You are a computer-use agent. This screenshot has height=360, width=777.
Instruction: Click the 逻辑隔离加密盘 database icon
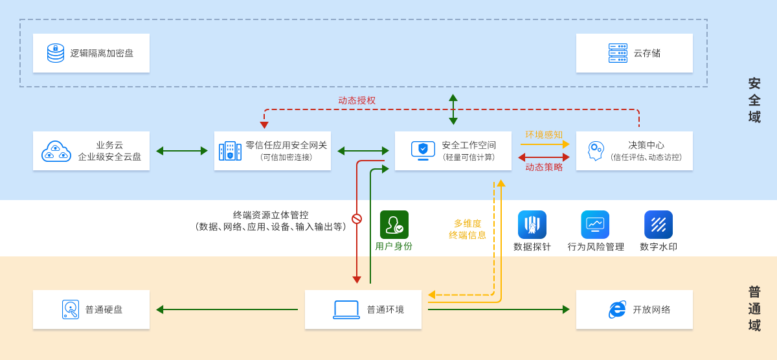pos(56,53)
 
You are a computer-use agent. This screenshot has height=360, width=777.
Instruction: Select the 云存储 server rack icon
pos(618,53)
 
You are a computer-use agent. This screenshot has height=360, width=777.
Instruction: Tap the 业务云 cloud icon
pos(56,152)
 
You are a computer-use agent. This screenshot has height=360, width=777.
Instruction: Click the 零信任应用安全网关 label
pos(286,145)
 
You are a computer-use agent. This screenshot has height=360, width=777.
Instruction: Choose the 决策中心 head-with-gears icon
pos(595,151)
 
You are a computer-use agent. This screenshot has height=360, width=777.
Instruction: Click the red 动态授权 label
pos(357,100)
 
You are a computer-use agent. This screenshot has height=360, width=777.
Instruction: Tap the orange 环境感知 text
pos(543,135)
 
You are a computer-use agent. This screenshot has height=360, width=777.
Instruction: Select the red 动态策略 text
pos(543,167)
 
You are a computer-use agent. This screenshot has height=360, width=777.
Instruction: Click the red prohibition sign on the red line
pos(357,219)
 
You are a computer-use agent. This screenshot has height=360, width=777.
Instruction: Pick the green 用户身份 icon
pos(394,225)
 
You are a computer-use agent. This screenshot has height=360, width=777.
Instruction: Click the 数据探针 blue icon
pos(532,225)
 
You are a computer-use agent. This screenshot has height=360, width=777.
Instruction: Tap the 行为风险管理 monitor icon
pos(595,225)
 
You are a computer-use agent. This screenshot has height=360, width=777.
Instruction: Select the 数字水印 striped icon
pos(659,225)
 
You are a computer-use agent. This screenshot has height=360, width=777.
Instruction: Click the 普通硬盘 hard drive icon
pos(71,309)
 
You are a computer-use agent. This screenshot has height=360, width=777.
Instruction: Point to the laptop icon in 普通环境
pos(346,309)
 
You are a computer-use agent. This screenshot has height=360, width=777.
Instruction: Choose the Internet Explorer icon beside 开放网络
pos(617,309)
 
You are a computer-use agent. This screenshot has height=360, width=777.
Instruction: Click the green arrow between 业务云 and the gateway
pos(182,151)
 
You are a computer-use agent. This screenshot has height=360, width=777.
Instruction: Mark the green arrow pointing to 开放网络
pos(499,309)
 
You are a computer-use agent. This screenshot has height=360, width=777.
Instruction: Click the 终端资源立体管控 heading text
pos(271,215)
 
